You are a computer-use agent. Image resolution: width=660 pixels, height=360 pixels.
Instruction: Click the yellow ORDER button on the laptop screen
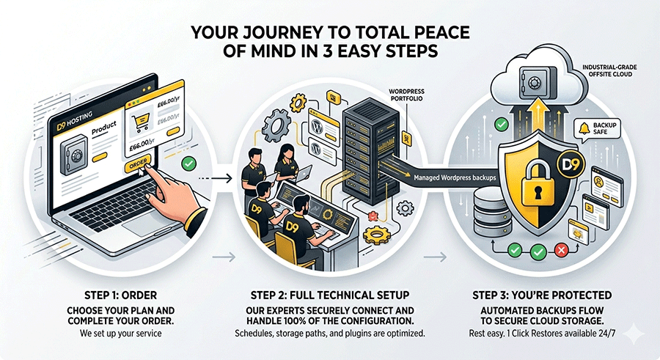pyautogui.click(x=138, y=164)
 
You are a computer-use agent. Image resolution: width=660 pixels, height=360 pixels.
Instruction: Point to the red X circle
pyautogui.click(x=561, y=251)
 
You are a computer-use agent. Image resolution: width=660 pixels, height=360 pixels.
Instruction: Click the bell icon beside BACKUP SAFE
pyautogui.click(x=584, y=128)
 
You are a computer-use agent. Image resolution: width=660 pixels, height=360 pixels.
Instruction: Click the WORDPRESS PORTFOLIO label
pyautogui.click(x=406, y=95)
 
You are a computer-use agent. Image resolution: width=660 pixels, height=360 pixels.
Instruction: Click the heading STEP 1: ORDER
pyautogui.click(x=121, y=295)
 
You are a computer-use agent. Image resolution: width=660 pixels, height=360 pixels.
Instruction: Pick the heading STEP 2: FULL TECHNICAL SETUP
pyautogui.click(x=330, y=295)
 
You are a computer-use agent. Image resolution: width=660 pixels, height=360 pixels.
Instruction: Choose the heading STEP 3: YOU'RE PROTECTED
pyautogui.click(x=542, y=295)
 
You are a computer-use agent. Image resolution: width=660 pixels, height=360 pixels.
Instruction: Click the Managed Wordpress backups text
pyautogui.click(x=455, y=177)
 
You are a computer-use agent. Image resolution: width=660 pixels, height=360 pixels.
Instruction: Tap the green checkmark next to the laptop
pyautogui.click(x=188, y=164)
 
